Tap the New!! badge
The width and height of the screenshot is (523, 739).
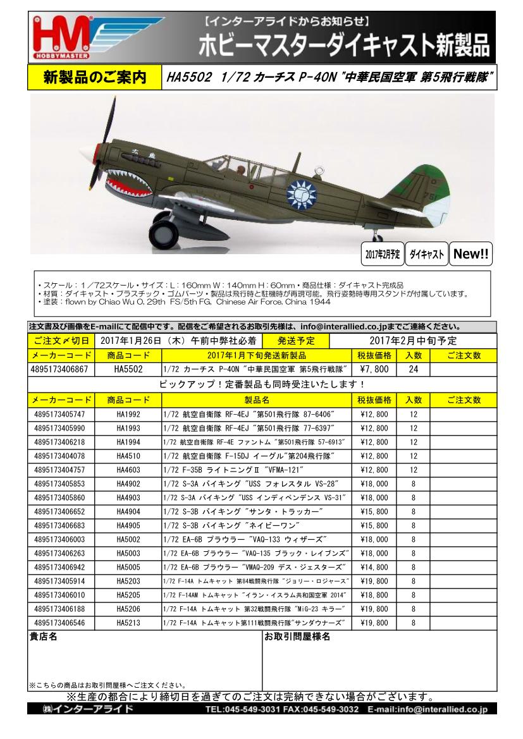[x=471, y=254]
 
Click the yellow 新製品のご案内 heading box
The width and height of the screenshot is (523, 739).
[x=95, y=78]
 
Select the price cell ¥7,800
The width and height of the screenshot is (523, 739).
[x=374, y=369]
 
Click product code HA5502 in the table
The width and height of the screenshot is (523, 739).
[x=128, y=369]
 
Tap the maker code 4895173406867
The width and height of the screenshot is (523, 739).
[x=61, y=369]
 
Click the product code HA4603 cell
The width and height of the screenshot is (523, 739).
[x=128, y=470]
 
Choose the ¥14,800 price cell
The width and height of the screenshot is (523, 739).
[x=374, y=568]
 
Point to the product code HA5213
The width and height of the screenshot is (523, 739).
[x=128, y=623]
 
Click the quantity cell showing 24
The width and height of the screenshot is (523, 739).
[x=414, y=369]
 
